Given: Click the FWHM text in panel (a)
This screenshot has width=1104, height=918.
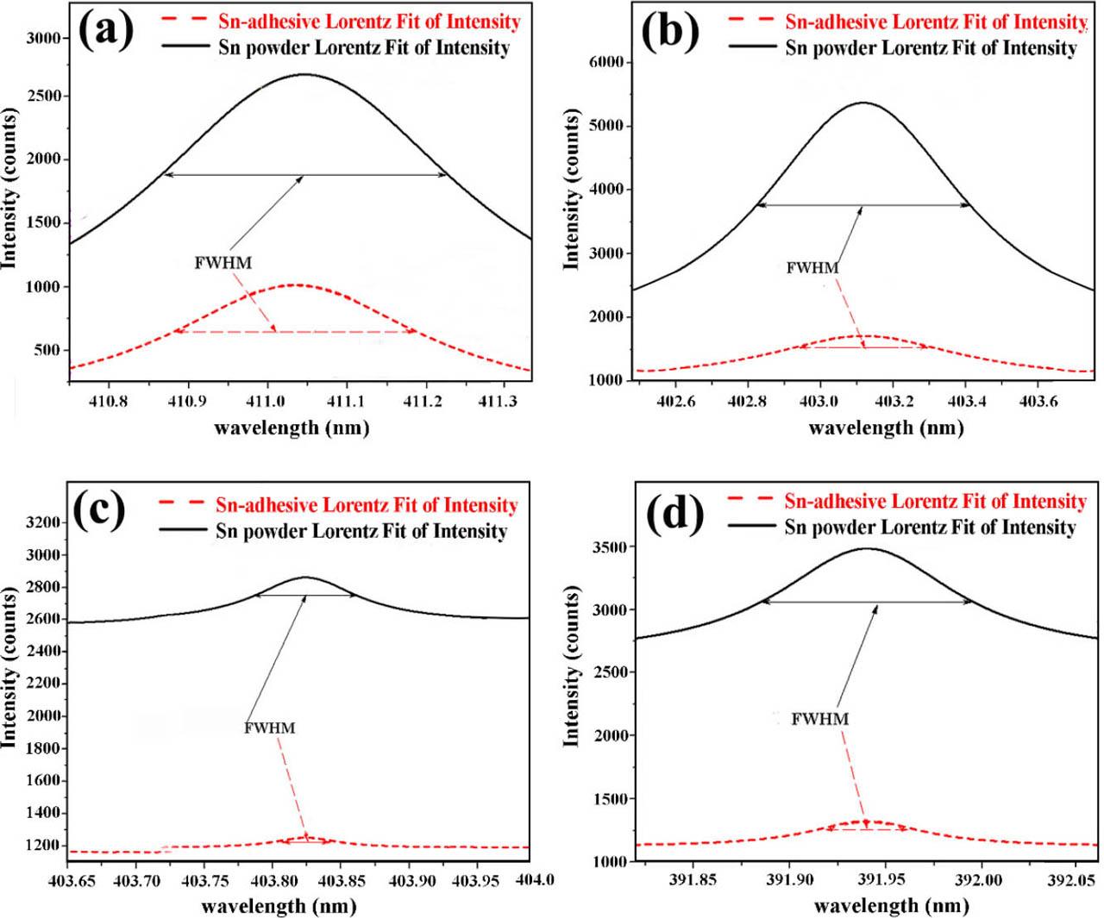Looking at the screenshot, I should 223,263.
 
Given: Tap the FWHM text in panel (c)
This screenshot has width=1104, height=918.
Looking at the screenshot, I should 269,728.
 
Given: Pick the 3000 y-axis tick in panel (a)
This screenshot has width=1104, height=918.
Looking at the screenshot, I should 43,38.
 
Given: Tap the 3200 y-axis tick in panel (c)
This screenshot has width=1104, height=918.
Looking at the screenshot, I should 43,522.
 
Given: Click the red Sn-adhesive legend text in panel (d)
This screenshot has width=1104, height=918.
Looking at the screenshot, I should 935,502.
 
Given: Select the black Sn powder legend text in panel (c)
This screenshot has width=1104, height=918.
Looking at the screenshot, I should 361,531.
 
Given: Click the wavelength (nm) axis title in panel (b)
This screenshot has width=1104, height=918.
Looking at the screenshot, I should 886,428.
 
